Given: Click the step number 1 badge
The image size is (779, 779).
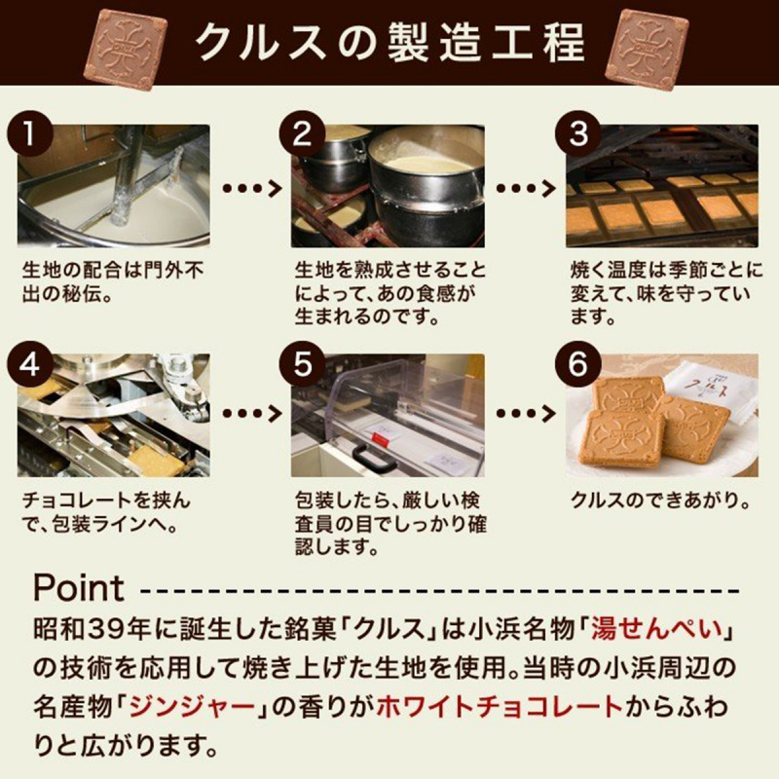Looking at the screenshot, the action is click(30, 134).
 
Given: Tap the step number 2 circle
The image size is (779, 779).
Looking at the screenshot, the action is click(302, 134).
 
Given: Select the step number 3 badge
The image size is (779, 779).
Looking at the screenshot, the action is click(577, 134).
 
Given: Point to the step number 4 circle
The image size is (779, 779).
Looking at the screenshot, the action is click(30, 364).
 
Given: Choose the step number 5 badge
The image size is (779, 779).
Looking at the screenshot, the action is click(302, 364).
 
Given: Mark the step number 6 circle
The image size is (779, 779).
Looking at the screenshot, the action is click(577, 364).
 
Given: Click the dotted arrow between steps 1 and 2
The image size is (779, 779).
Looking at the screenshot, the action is click(252, 188).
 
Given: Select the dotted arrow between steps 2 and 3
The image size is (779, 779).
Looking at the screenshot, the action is click(526, 188).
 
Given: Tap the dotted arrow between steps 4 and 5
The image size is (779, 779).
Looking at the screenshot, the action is click(252, 413).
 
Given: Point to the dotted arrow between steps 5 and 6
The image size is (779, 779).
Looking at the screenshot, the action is click(526, 413).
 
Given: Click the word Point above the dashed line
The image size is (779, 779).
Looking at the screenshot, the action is click(79, 588).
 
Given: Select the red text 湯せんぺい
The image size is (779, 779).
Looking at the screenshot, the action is click(656, 629).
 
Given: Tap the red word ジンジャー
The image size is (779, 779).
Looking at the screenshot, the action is click(192, 707).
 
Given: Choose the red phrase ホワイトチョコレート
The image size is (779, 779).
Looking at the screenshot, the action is click(500, 707).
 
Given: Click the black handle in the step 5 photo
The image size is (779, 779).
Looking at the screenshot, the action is click(374, 458).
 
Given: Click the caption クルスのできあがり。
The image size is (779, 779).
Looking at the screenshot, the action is click(661, 501).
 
